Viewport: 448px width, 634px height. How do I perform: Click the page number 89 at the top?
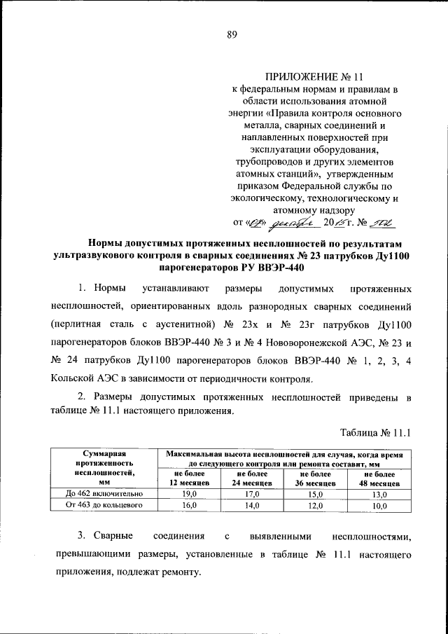click(231, 38)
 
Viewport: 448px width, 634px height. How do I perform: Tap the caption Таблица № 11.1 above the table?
click(374, 432)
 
